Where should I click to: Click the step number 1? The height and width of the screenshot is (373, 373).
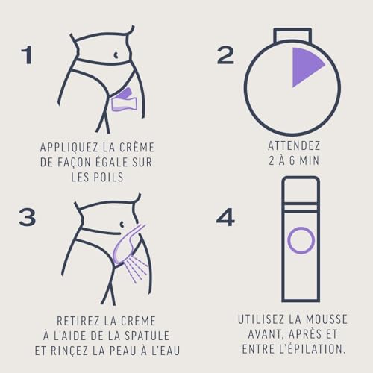(x=27, y=55)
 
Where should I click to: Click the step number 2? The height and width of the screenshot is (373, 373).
(x=225, y=55)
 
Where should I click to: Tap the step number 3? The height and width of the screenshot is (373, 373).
(x=27, y=216)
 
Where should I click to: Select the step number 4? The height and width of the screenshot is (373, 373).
(x=225, y=217)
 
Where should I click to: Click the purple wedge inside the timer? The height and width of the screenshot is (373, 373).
(x=305, y=65)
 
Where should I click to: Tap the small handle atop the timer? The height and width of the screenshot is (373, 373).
(x=292, y=35)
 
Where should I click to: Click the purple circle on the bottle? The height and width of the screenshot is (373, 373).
(x=301, y=240)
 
